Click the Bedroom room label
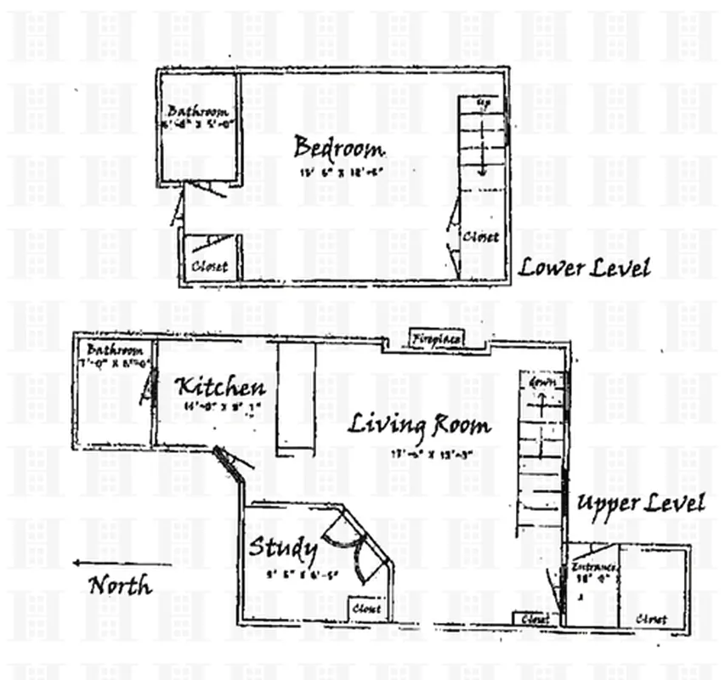[x=338, y=148]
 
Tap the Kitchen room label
[x=220, y=388]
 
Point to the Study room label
[x=282, y=548]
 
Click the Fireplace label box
[x=438, y=339]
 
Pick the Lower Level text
[x=585, y=268]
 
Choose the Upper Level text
[x=640, y=502]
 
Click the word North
[x=121, y=586]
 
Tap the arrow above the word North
[x=122, y=563]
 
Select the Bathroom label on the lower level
[x=198, y=111]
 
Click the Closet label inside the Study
[x=366, y=609]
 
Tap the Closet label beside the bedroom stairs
[x=480, y=237]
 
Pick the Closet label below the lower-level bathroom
[x=209, y=266]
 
